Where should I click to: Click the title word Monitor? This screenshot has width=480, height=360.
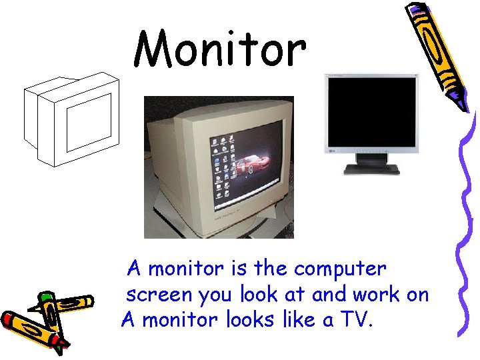tap(220, 48)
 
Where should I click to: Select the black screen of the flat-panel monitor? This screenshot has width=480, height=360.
tap(371, 111)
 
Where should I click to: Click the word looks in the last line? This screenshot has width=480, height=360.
tap(251, 320)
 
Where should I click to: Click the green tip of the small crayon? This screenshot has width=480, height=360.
tap(45, 297)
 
